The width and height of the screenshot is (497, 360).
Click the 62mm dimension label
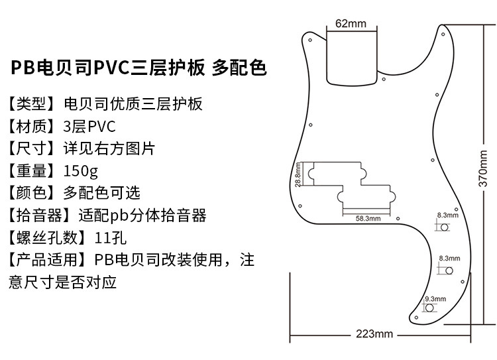coord(351,24)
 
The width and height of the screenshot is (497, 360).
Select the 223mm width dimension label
coord(374,333)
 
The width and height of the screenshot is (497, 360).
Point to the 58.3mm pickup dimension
coord(368,217)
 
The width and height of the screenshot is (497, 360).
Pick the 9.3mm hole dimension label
coord(434,299)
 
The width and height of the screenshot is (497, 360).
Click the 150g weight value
coord(80,170)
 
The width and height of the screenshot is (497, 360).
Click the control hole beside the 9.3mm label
coord(429,308)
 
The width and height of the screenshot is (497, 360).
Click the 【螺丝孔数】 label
coord(46,237)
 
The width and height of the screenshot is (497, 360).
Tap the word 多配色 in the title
coord(239,68)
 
